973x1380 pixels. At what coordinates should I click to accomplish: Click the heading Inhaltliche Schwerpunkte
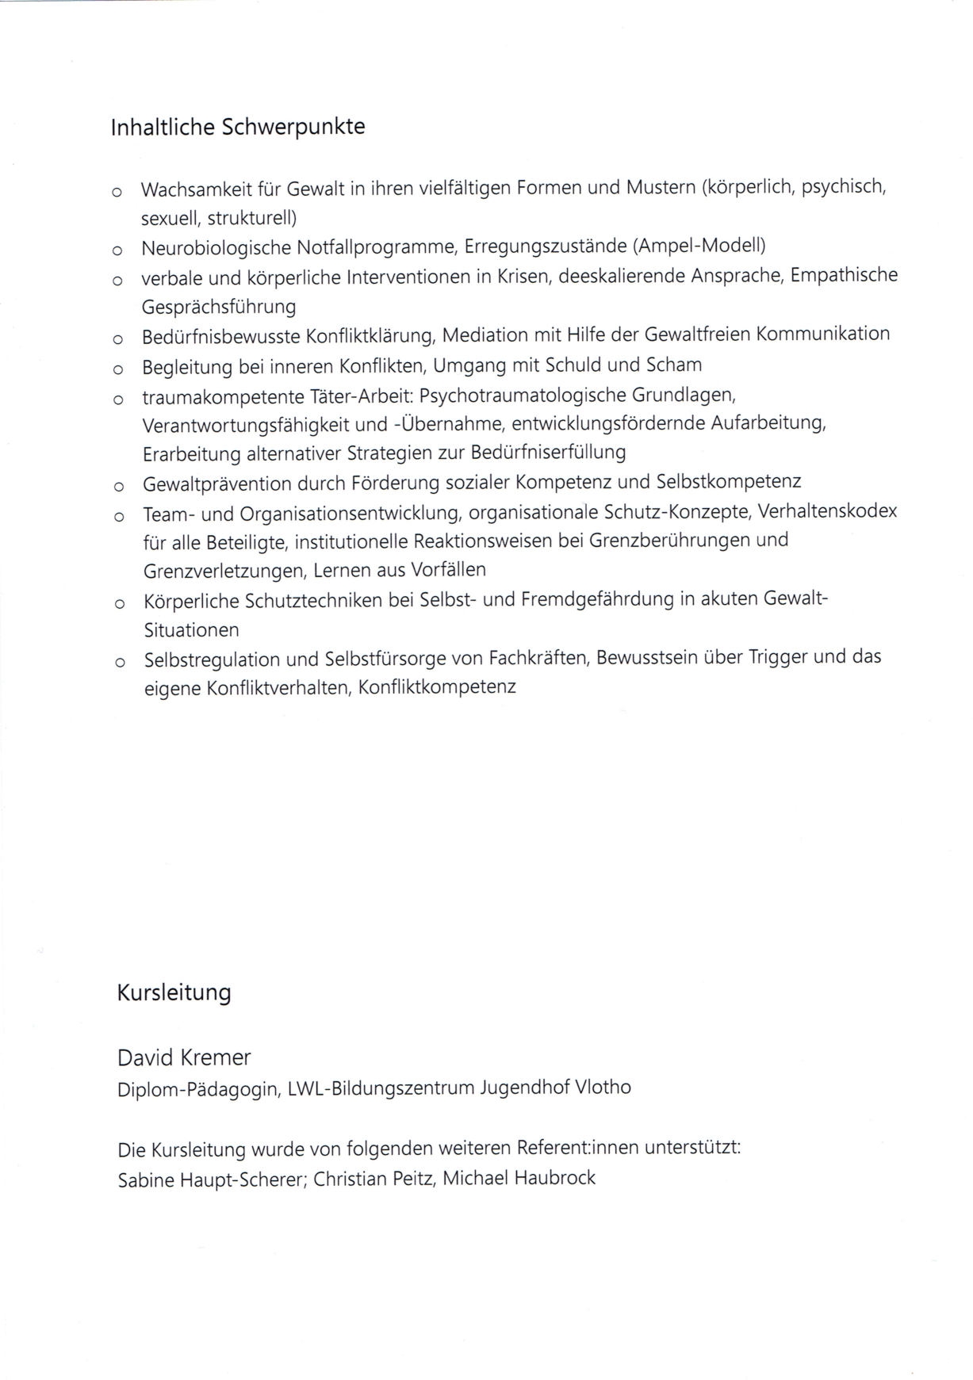click(237, 127)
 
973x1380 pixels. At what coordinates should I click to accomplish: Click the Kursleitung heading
click(174, 992)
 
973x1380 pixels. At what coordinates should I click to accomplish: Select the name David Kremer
click(183, 1057)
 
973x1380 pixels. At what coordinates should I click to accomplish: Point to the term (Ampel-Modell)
click(699, 247)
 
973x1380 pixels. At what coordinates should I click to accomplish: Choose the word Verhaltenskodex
click(827, 511)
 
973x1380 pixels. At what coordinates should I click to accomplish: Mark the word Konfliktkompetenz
click(437, 686)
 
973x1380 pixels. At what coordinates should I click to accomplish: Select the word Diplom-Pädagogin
click(198, 1089)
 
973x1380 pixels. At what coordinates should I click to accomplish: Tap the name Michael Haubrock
click(519, 1178)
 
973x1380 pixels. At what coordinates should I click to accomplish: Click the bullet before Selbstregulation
click(119, 662)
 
